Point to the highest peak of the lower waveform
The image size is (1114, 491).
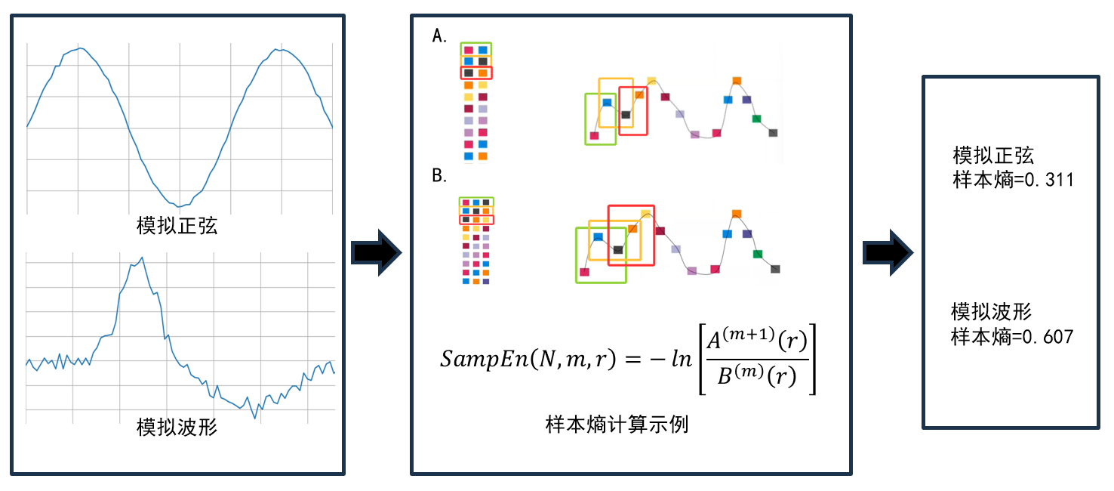tap(141, 258)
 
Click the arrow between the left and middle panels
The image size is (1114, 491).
tap(377, 253)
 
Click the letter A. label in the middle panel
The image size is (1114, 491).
tap(439, 36)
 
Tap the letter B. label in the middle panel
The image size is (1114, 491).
tap(439, 178)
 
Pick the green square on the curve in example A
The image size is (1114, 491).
tap(756, 119)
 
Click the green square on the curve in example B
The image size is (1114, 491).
tap(757, 254)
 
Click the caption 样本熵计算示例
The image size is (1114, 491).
tap(617, 425)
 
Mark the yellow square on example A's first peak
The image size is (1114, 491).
tap(651, 81)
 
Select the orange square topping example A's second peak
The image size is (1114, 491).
tap(737, 80)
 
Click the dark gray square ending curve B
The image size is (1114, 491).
tap(775, 269)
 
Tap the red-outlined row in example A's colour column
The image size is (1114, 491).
tap(475, 73)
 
